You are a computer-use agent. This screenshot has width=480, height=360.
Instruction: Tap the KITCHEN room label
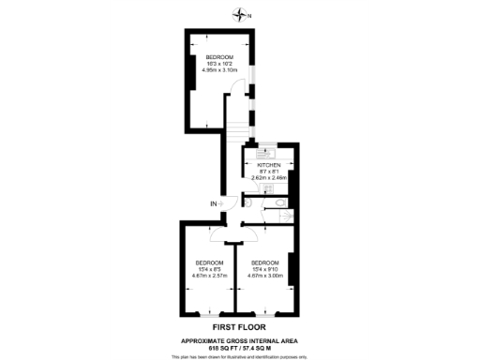coord(269,165)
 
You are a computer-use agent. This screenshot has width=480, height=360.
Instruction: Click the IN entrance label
coord(214,203)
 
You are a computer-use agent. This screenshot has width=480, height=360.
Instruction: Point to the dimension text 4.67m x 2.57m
coord(209,276)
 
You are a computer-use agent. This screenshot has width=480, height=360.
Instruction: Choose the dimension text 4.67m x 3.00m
coord(264,276)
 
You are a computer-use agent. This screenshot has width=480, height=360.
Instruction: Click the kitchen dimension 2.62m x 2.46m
coord(269,178)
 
